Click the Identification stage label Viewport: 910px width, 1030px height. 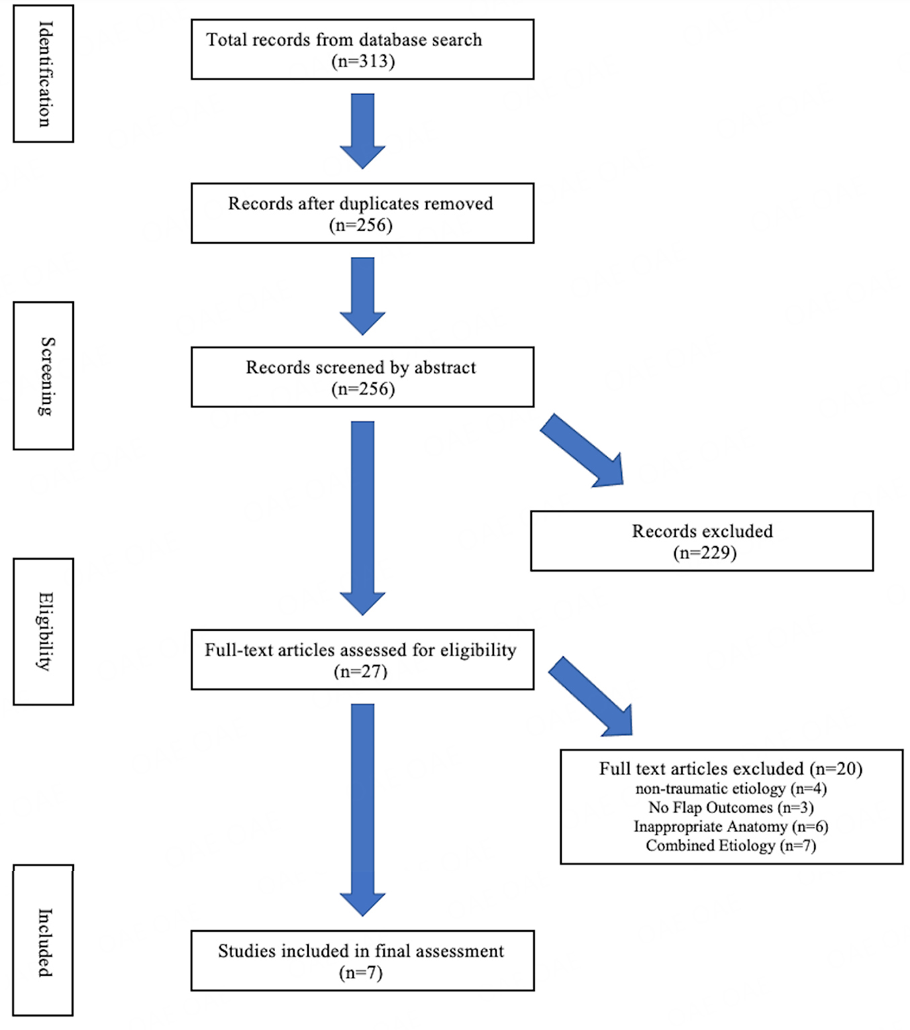[44, 74]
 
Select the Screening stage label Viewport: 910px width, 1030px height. [46, 376]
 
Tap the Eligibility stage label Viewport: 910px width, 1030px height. [45, 631]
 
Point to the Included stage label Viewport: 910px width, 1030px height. [45, 943]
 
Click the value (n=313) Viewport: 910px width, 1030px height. [362, 62]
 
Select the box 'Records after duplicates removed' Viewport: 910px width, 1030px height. [362, 213]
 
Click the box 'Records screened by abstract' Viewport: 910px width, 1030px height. [362, 376]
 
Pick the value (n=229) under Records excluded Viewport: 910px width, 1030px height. [705, 553]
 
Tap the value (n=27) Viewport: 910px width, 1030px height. [360, 672]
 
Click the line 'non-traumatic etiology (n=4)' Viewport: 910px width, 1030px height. [731, 788]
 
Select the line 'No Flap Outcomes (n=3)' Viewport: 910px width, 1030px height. [731, 807]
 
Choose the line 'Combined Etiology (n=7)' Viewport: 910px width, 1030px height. [731, 845]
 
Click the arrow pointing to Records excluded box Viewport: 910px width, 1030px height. [582, 450]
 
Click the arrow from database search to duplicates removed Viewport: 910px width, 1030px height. [362, 131]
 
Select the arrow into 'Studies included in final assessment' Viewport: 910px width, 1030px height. [362, 810]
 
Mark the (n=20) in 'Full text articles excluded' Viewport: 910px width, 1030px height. [836, 768]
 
